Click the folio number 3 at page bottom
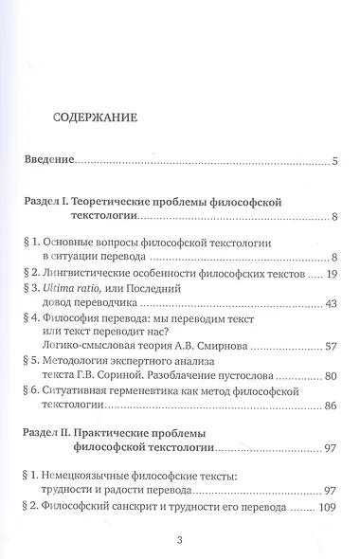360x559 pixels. (180, 540)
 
